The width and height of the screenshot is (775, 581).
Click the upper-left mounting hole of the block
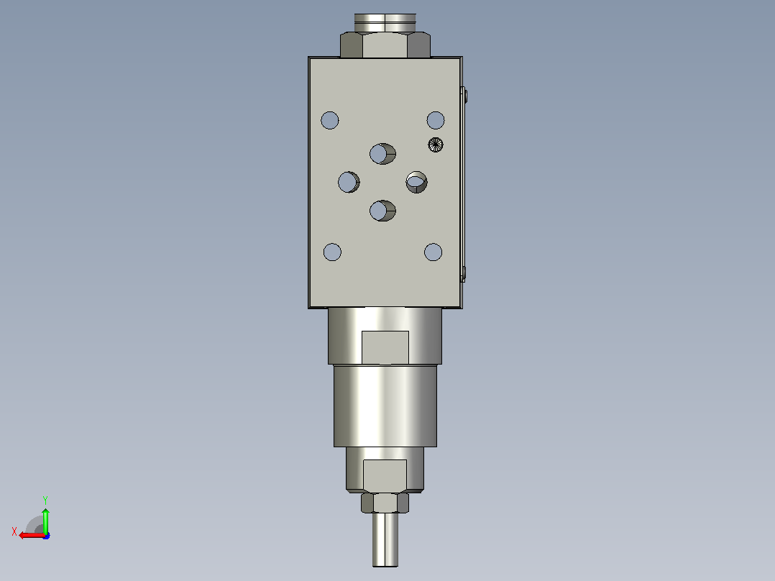(x=330, y=120)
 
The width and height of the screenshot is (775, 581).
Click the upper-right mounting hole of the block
(x=436, y=120)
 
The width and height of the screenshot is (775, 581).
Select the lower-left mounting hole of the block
(x=332, y=252)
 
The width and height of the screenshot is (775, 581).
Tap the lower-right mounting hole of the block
(x=433, y=252)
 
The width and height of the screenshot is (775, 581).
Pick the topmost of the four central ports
(x=382, y=154)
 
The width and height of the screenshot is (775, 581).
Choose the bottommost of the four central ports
(x=382, y=211)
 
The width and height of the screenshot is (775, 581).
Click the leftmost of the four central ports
(x=349, y=182)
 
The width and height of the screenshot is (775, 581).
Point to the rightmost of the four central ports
(x=417, y=182)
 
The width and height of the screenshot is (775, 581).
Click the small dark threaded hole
(x=436, y=145)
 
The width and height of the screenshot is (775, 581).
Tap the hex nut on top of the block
(x=385, y=45)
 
